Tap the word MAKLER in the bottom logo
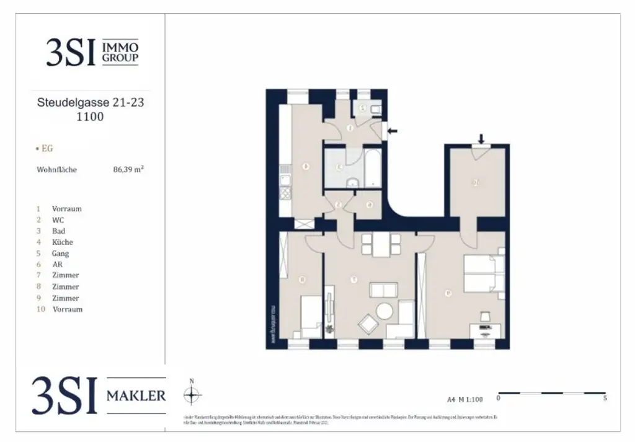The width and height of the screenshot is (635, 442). [x=136, y=395]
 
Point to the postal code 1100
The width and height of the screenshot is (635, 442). [x=90, y=117]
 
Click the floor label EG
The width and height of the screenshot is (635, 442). [x=47, y=149]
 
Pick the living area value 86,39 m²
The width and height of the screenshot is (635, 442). [x=125, y=169]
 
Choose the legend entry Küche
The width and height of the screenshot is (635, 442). [x=63, y=242]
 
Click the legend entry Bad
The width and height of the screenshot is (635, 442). [x=58, y=231]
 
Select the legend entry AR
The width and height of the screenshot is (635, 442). [x=57, y=265]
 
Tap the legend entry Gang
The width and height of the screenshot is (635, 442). [x=61, y=254]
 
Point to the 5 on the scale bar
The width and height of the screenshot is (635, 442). [x=604, y=399]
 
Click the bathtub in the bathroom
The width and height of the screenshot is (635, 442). [x=373, y=167]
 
